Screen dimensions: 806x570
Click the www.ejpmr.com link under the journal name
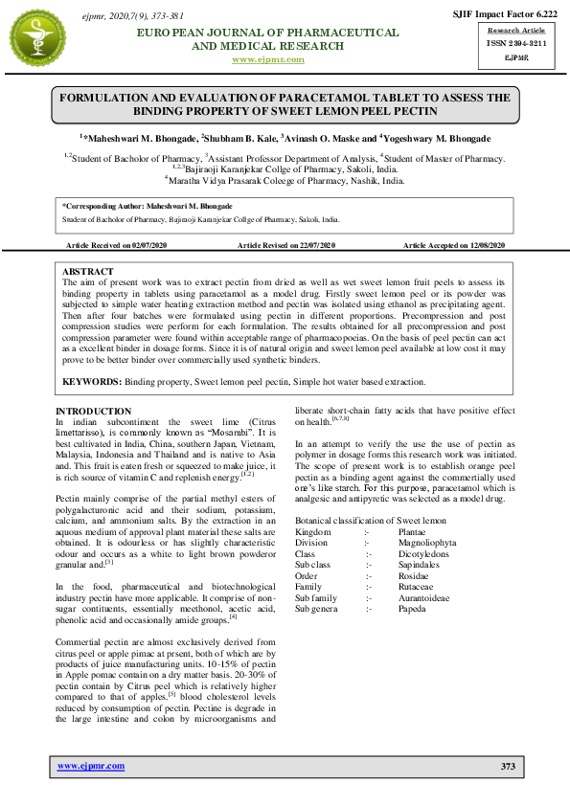click(268, 59)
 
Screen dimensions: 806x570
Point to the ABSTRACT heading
click(87, 272)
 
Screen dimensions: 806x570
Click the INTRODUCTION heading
click(94, 411)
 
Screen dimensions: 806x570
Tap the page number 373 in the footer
click(508, 766)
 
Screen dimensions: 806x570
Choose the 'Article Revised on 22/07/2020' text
click(286, 246)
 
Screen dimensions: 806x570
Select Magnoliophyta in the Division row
click(428, 543)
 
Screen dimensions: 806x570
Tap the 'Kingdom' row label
click(313, 531)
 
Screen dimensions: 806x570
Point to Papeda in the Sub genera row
click(415, 608)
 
